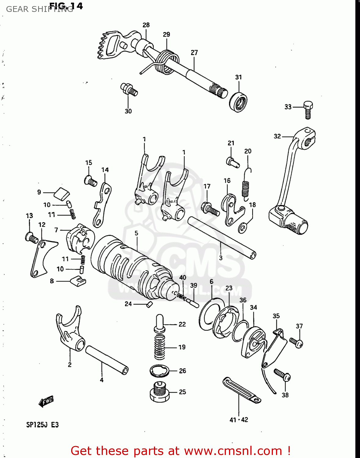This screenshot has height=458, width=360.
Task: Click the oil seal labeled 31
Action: (238, 101)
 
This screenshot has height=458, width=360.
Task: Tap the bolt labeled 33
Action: (308, 110)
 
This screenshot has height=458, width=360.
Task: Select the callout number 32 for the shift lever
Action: (277, 136)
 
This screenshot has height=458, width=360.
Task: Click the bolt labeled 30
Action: (129, 89)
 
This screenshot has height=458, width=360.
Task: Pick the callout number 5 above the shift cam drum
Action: (136, 233)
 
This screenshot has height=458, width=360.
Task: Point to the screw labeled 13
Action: (31, 238)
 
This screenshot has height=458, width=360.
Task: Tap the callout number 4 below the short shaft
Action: (102, 380)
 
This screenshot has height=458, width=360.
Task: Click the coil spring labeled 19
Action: (160, 347)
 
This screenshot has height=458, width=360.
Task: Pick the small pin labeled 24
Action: (149, 304)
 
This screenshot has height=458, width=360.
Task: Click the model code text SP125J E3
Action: (42, 425)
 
